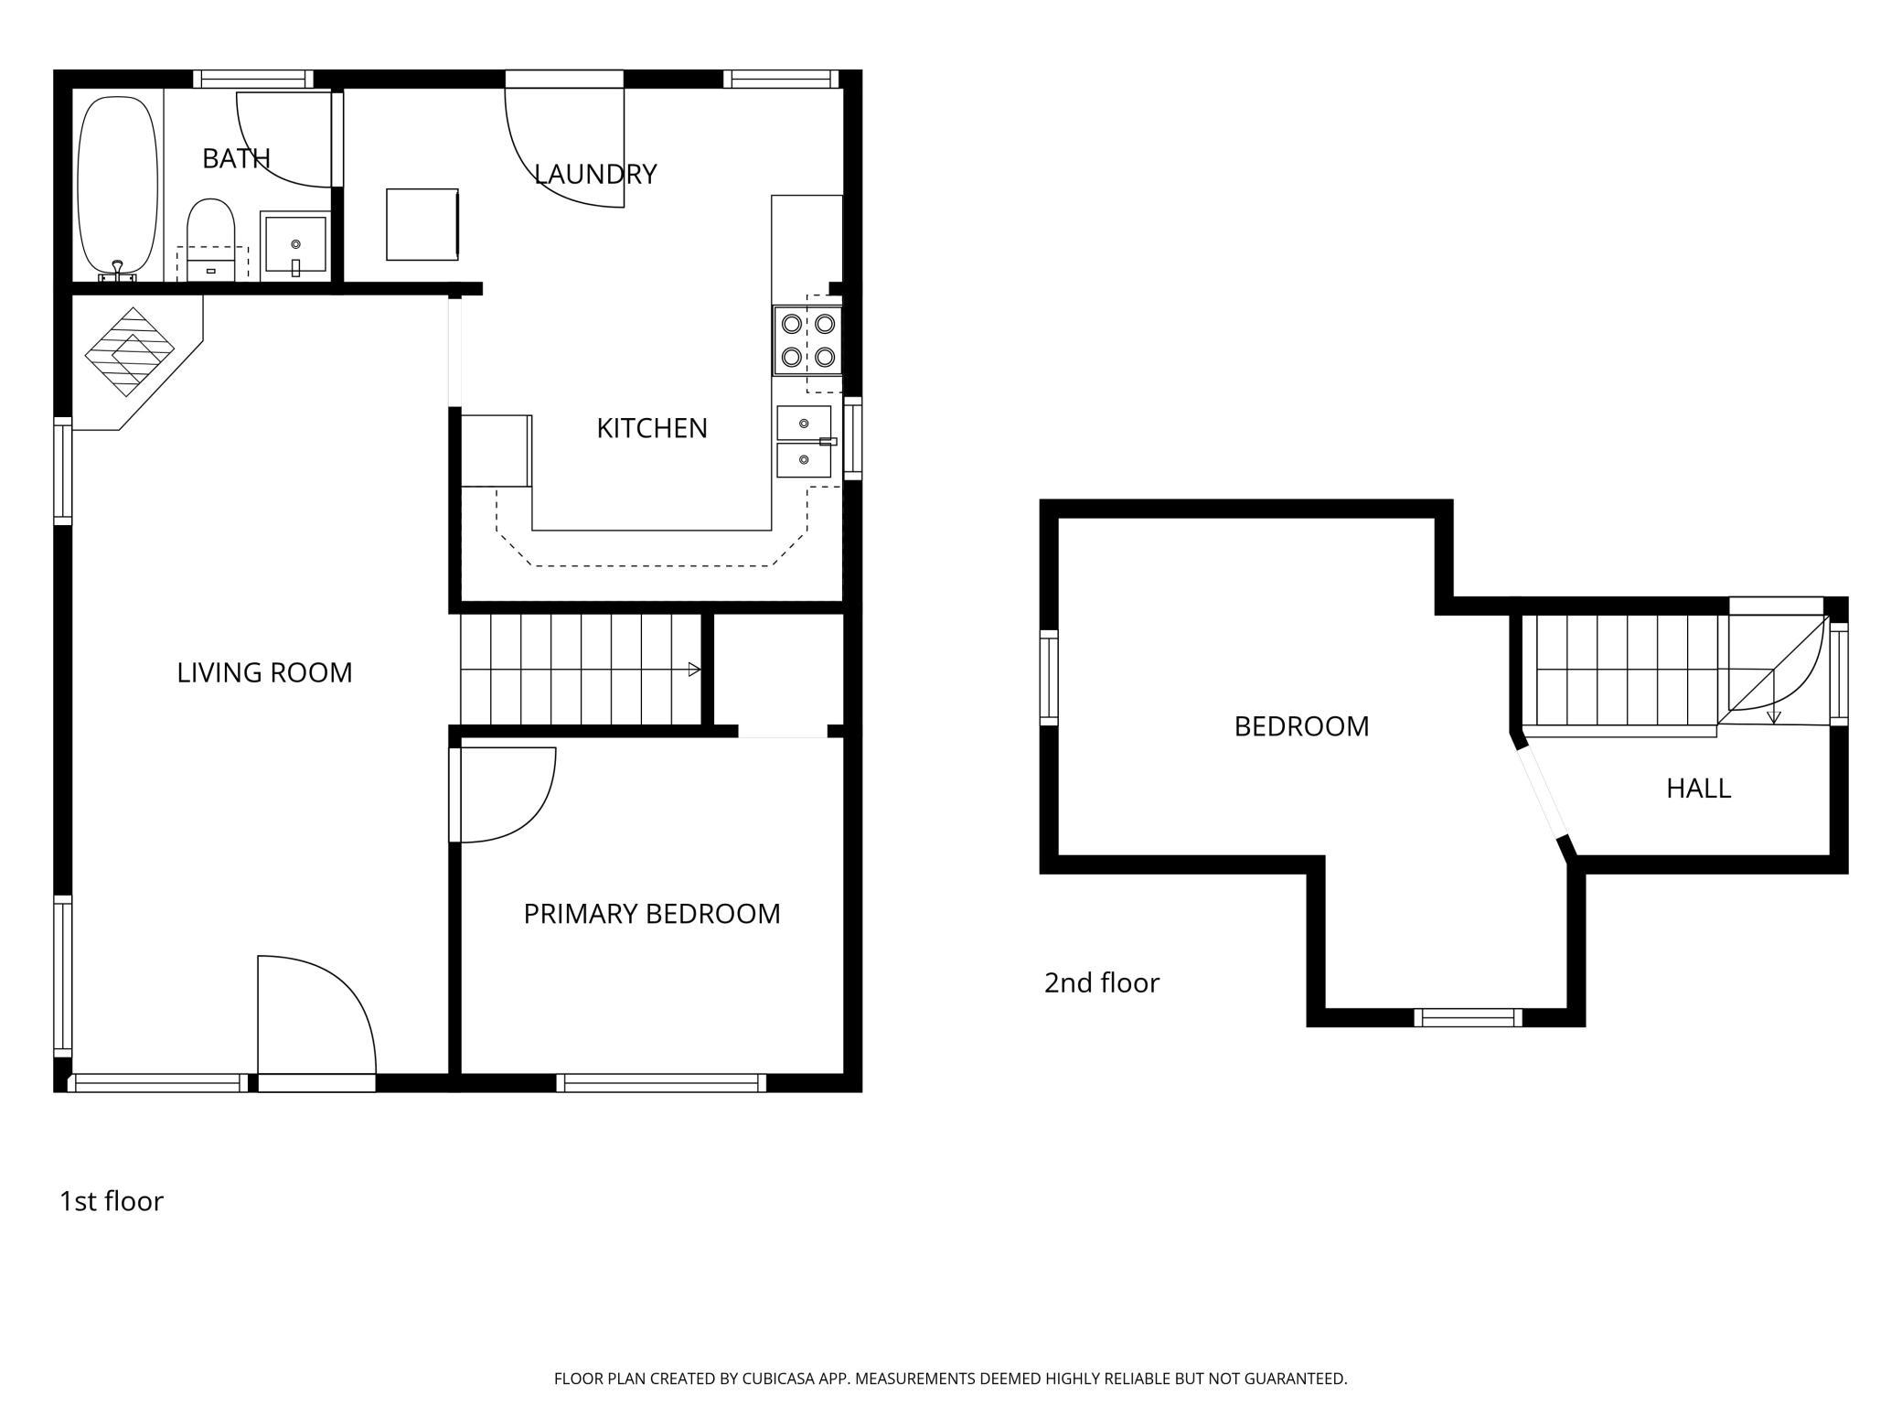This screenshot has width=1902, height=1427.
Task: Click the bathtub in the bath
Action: point(116,187)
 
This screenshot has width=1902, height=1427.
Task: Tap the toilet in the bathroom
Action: point(211,240)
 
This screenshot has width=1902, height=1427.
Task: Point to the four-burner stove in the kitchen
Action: point(807,340)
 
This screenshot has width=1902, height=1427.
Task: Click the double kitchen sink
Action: point(805,442)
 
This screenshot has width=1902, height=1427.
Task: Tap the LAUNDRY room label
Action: point(595,174)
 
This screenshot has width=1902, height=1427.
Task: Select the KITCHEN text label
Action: point(652,428)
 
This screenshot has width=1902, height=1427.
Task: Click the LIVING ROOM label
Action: point(264,672)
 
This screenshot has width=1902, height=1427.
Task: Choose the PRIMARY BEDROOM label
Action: point(652,913)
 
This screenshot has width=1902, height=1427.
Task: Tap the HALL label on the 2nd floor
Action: point(1699,788)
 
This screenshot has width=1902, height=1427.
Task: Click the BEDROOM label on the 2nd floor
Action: point(1302,726)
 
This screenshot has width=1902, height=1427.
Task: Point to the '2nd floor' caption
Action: point(1102,982)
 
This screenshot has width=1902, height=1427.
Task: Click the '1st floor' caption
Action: point(112,1201)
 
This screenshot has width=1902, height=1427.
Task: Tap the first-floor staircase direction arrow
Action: point(694,670)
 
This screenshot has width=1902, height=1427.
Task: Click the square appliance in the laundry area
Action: point(422,224)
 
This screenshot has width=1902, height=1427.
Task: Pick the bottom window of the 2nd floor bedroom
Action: point(1469,1017)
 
